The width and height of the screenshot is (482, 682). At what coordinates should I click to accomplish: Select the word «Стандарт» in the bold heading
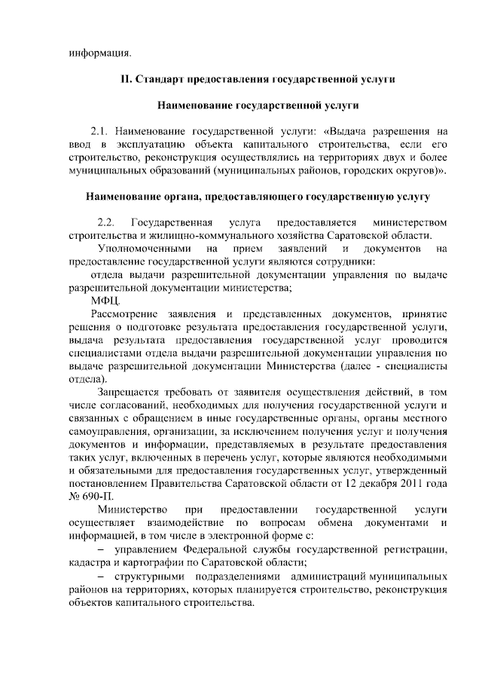[x=162, y=79]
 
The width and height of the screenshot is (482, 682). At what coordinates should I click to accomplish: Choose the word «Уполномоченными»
[x=141, y=248]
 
